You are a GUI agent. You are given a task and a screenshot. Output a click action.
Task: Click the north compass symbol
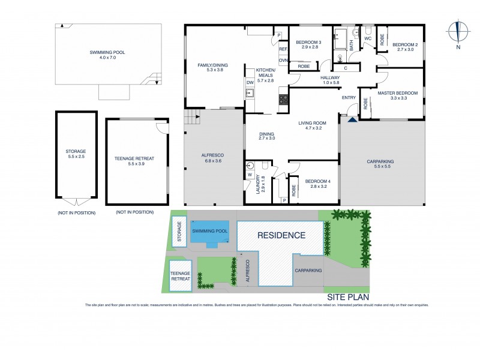(458, 34)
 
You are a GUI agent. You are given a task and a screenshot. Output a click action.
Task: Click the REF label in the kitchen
(283, 49)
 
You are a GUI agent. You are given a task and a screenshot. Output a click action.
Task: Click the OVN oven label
(283, 61)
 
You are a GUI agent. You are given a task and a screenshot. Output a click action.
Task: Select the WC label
(368, 39)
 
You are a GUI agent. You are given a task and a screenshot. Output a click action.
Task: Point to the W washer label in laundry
(249, 176)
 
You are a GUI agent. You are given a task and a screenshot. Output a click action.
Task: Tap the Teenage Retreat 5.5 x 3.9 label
(134, 161)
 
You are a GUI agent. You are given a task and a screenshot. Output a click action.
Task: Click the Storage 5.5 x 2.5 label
(76, 154)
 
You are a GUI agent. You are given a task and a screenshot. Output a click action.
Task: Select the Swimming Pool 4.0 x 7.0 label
(109, 56)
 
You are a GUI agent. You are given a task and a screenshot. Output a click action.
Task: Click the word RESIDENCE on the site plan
(281, 235)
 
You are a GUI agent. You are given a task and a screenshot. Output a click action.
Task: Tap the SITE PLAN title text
(348, 297)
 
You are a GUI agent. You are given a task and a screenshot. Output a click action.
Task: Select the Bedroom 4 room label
(313, 184)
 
